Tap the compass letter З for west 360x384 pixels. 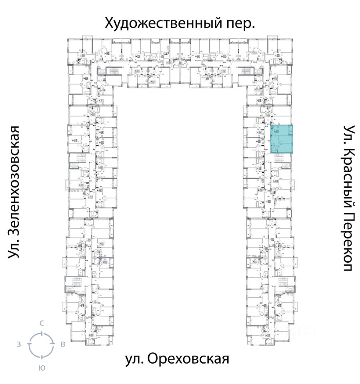pos(19,344)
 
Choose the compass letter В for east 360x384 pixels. pos(62,344)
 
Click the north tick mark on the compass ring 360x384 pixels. pos(42,332)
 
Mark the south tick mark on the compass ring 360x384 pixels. pos(41,356)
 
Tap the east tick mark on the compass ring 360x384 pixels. pos(53,344)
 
